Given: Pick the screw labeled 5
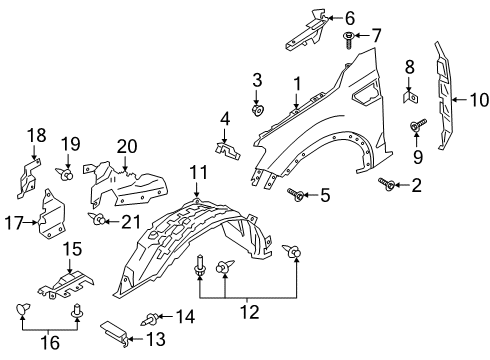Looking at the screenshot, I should coord(297,193).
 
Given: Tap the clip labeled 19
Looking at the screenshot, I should coord(67,174).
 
